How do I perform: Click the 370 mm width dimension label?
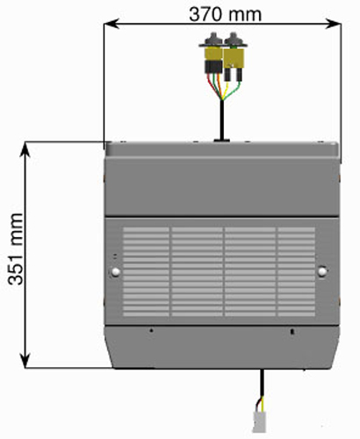225,15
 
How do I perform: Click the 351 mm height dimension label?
16,249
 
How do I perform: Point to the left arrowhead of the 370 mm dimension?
112,24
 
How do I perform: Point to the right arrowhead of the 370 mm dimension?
333,24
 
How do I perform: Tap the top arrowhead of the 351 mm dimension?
25,149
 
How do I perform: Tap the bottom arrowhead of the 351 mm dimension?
25,360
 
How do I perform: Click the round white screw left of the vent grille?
116,272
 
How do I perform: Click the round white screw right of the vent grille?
322,271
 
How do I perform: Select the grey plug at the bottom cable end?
259,422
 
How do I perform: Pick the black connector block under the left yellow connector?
213,67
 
